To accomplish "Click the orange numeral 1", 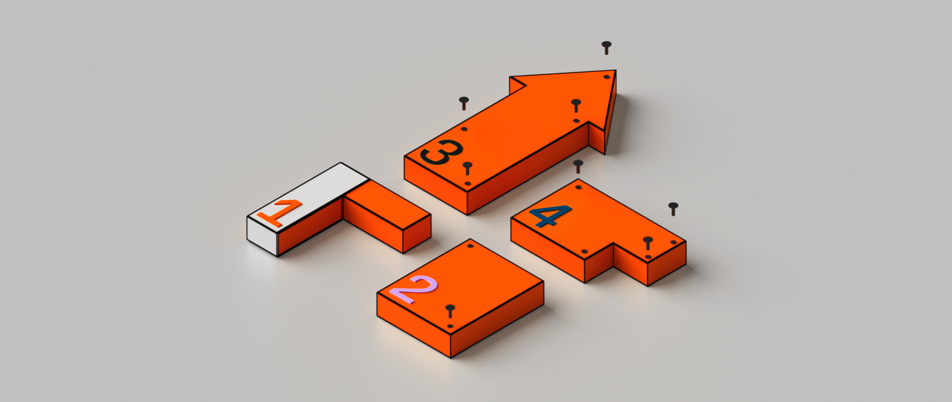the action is click(278, 213).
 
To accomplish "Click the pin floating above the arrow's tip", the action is click(606, 48).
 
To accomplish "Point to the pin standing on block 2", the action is click(450, 311).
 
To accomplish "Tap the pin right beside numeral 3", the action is click(468, 168).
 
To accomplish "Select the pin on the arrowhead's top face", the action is click(576, 105).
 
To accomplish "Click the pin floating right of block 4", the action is click(673, 209).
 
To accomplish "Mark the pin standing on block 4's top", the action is click(648, 244).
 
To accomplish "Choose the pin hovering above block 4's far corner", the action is click(578, 166).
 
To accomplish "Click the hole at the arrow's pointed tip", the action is click(607, 77).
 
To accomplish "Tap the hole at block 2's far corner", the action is click(470, 246).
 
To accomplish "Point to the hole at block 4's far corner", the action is click(578, 187).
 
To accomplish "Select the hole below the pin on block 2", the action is click(450, 326).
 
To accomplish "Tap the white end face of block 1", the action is click(262, 236).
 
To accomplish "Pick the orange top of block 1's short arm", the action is click(387, 205).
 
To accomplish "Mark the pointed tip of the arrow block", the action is click(615, 71).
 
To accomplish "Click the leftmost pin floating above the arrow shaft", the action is click(464, 104).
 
